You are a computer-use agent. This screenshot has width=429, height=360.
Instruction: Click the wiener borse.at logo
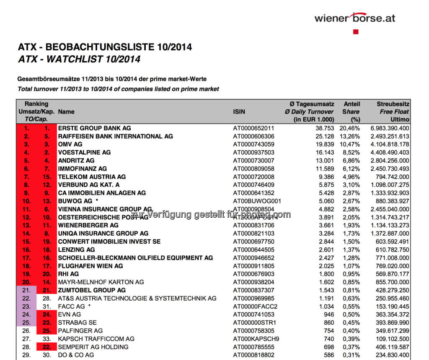(x=354, y=18)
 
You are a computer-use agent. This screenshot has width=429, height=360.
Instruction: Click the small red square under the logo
(x=356, y=31)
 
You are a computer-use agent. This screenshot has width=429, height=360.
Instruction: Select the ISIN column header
(x=239, y=112)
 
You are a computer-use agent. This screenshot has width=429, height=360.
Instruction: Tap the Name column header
(x=66, y=112)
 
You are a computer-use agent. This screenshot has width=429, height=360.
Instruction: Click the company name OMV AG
(x=70, y=144)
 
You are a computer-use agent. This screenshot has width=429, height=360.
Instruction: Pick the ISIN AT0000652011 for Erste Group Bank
(x=253, y=128)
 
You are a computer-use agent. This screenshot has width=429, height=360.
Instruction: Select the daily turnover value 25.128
(x=325, y=136)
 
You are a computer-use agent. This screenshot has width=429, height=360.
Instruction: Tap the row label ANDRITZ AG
(x=76, y=161)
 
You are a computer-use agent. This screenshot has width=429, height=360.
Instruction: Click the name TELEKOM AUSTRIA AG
(x=92, y=177)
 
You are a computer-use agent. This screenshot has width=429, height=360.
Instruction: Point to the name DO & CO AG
(x=76, y=355)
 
